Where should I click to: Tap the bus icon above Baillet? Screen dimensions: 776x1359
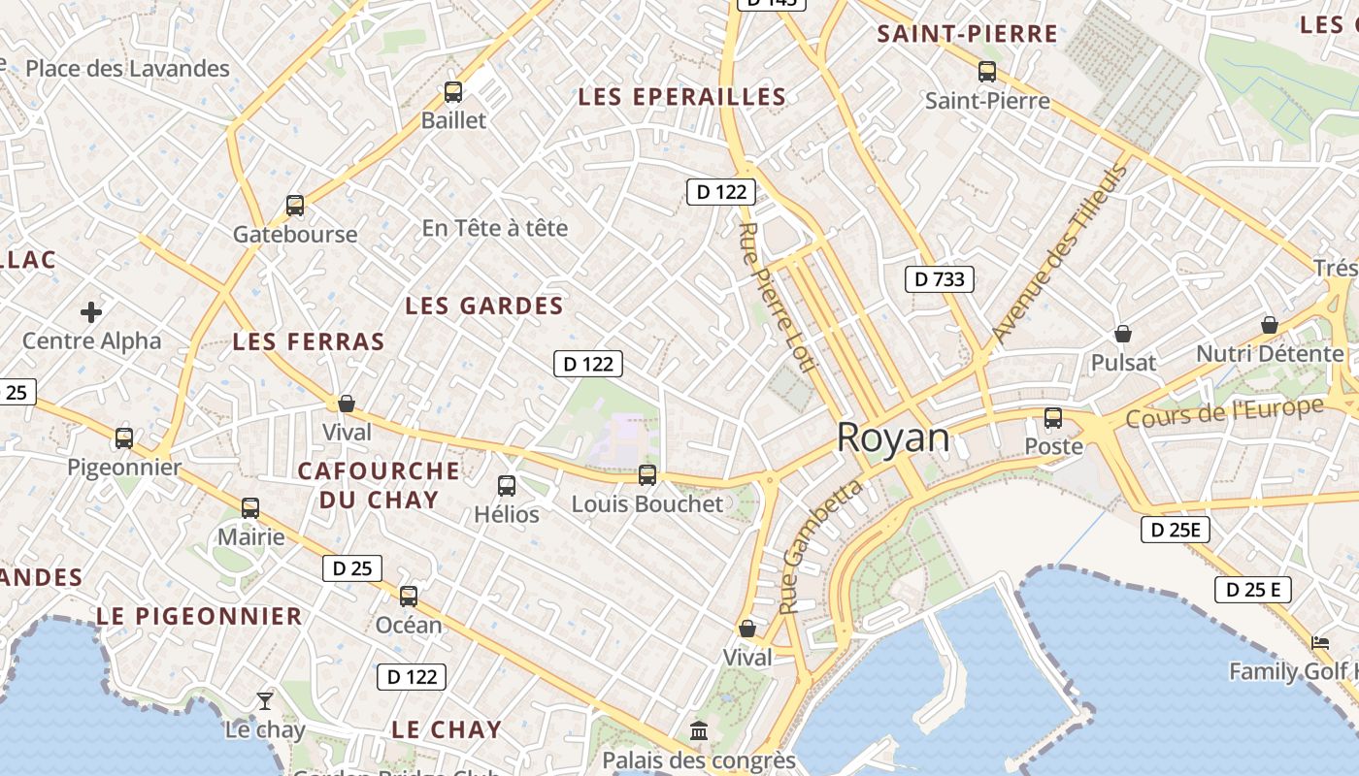pos(453,92)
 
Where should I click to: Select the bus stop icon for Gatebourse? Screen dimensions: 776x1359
pos(295,206)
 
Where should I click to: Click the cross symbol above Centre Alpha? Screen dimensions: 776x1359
pos(91,312)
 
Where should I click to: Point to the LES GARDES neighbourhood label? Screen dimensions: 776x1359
pos(484,307)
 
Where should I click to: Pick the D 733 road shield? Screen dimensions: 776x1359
pos(940,279)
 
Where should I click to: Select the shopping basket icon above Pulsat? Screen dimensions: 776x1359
pos(1123,334)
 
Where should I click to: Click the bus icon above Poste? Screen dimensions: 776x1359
pos(1053,418)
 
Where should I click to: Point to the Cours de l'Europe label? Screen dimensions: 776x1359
pos(1225,412)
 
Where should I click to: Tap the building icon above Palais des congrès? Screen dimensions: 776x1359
pos(699,730)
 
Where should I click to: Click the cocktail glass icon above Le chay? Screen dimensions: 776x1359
pos(265,700)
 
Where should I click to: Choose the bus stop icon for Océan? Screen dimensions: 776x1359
pos(409,596)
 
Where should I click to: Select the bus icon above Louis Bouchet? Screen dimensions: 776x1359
pos(647,475)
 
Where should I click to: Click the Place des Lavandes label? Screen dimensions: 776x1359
pos(127,69)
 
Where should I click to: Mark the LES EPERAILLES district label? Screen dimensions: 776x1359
pos(681,97)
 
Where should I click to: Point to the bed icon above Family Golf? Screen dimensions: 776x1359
pos(1320,642)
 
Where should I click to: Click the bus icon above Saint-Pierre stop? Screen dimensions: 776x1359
pos(987,72)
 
